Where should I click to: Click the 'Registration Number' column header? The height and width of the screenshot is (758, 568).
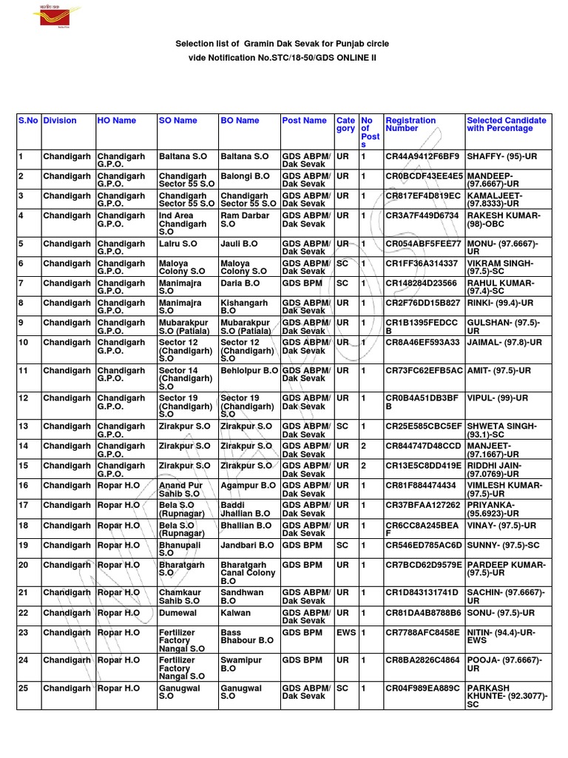pos(410,124)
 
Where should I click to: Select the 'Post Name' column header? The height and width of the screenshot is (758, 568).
pos(304,120)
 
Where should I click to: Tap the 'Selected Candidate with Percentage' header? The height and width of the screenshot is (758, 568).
pos(507,124)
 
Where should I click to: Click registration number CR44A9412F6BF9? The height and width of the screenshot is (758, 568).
pos(422,157)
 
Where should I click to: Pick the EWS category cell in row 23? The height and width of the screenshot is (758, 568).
pos(345,633)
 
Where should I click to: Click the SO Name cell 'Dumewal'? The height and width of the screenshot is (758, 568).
pos(179,613)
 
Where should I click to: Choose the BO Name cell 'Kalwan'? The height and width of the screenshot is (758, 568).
pos(236,613)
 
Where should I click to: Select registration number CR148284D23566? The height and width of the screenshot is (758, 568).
pos(422,283)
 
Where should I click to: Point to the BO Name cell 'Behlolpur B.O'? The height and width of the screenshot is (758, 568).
pos(249,369)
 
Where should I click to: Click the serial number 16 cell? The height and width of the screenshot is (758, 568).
pos(23,485)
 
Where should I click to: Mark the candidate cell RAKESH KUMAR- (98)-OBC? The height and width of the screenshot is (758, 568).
pos(504,219)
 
